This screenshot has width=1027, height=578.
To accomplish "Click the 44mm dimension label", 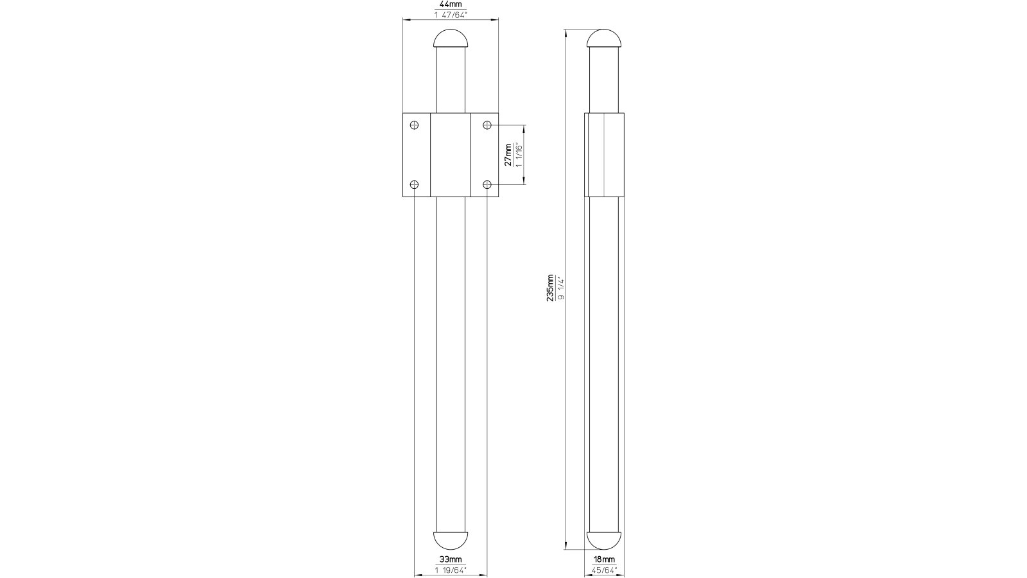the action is point(450,4).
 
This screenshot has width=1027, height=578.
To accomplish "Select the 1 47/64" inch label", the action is point(450,15).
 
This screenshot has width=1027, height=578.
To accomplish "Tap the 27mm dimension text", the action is point(508,155).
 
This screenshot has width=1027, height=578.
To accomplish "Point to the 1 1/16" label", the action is point(519,155).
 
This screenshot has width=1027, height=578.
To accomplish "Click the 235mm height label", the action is point(550,288).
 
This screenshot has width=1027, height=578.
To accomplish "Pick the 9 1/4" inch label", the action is point(561,288).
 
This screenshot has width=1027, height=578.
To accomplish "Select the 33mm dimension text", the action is point(450,559).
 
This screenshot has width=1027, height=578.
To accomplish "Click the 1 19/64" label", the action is point(450,570).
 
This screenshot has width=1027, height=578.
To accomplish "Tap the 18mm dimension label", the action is point(604,559).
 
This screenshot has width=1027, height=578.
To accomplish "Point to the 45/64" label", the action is point(604,570).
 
